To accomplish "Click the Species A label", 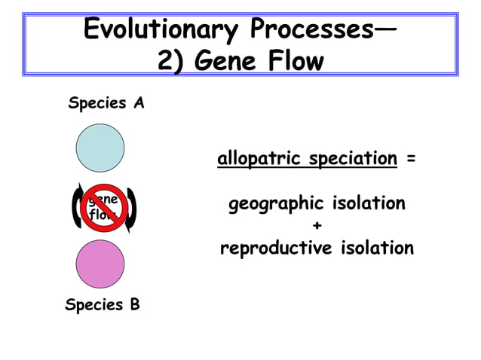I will (106, 103).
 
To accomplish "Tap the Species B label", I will (103, 305).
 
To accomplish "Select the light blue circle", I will (100, 148).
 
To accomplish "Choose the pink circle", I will (100, 264).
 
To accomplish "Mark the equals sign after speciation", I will (409, 160).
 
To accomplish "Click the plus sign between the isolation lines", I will (317, 226).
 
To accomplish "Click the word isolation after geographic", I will (365, 204).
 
